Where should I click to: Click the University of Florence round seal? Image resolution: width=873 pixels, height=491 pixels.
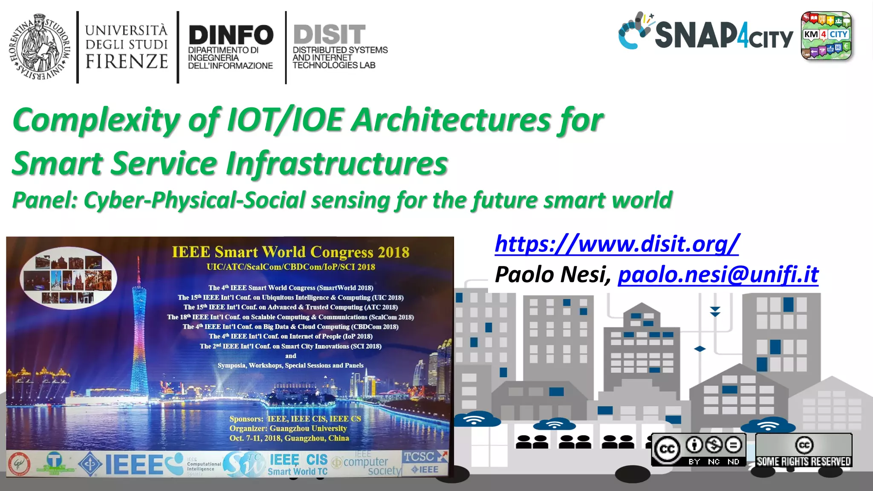pyautogui.click(x=39, y=47)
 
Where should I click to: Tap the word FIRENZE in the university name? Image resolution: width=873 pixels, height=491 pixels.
pyautogui.click(x=127, y=61)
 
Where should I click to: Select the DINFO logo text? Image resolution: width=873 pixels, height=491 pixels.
pyautogui.click(x=231, y=35)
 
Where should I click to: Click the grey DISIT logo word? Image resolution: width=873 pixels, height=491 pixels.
pyautogui.click(x=329, y=34)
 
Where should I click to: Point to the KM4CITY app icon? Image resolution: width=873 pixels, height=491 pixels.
pyautogui.click(x=826, y=36)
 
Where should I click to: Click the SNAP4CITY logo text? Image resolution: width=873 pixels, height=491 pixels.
pyautogui.click(x=723, y=36)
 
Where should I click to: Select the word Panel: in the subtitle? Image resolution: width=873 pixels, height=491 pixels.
pyautogui.click(x=45, y=200)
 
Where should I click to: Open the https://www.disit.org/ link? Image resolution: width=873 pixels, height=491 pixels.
pyautogui.click(x=616, y=244)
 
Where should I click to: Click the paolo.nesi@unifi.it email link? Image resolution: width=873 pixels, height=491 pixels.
pyautogui.click(x=718, y=274)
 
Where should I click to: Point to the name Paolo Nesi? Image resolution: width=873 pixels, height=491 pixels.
pyautogui.click(x=552, y=274)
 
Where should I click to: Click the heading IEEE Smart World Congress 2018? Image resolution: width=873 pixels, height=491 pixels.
pyautogui.click(x=290, y=252)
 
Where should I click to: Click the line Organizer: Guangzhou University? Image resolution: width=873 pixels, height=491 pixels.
pyautogui.click(x=288, y=428)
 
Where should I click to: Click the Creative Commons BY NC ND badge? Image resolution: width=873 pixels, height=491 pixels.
pyautogui.click(x=698, y=450)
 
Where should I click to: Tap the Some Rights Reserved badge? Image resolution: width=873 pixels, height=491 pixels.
pyautogui.click(x=804, y=450)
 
